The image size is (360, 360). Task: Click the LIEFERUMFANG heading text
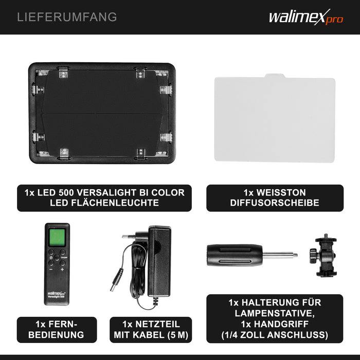pyautogui.click(x=67, y=17)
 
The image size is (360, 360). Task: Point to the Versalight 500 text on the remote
pyautogui.click(x=57, y=295)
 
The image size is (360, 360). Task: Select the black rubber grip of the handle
pyautogui.click(x=235, y=255)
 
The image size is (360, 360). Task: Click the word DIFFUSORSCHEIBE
pyautogui.click(x=275, y=203)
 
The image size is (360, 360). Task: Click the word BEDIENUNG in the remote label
pyautogui.click(x=57, y=335)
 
